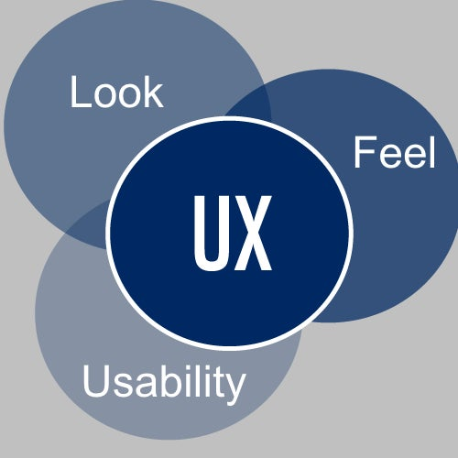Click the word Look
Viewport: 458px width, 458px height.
[x=117, y=92]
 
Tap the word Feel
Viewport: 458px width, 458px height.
[x=394, y=152]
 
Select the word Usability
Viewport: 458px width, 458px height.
[x=164, y=384]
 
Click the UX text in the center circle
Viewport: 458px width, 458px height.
[x=233, y=233]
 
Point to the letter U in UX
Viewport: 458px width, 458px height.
[x=211, y=233]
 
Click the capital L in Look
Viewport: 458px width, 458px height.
[x=80, y=92]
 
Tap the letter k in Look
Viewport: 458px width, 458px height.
[x=153, y=92]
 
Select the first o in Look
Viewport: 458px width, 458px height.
[x=104, y=95]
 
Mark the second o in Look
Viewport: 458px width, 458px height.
[x=128, y=95]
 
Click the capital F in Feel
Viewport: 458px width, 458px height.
[x=365, y=152]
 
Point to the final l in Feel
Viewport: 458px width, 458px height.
[x=432, y=152]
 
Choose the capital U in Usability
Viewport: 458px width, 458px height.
[x=95, y=381]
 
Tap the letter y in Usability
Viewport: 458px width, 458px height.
[x=234, y=389]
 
